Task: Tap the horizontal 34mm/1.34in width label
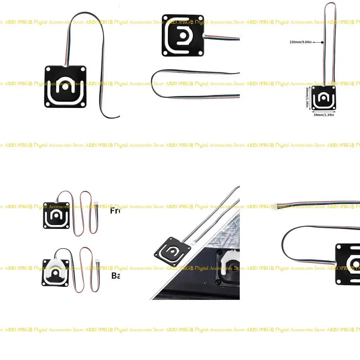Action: (x=323, y=115)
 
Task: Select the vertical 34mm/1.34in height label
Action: (x=307, y=97)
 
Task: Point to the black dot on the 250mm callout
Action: (x=322, y=42)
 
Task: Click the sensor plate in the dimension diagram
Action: (x=324, y=98)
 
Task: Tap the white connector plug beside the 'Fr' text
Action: (x=96, y=203)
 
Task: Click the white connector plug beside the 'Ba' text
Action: (x=97, y=261)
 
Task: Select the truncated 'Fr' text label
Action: (x=115, y=211)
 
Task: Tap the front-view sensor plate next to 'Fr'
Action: (x=56, y=215)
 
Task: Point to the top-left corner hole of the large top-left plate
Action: (x=48, y=69)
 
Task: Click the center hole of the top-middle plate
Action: (x=183, y=36)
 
